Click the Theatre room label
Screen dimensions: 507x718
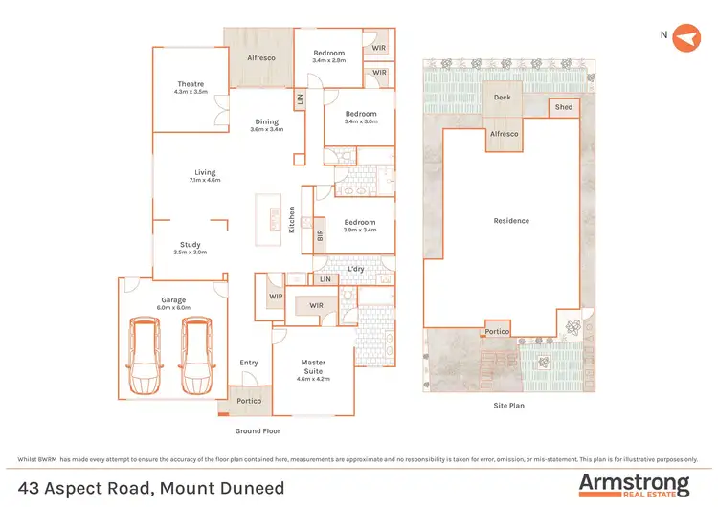tap(191, 84)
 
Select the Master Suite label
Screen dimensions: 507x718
tap(314, 363)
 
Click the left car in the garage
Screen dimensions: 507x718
tap(146, 357)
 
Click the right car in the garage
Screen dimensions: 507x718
tap(197, 357)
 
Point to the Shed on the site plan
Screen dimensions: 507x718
tap(564, 107)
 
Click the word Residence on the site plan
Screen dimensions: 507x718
tap(510, 221)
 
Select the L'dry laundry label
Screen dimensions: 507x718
tap(356, 269)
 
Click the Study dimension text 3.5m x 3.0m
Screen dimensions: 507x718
tap(190, 253)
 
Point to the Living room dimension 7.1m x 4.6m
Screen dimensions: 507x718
tap(205, 180)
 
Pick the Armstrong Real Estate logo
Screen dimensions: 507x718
tap(633, 484)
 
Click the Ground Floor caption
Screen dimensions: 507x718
tap(256, 431)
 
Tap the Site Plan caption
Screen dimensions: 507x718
tap(508, 405)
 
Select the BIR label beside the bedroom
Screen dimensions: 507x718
tap(320, 232)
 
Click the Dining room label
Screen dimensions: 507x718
tap(266, 121)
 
